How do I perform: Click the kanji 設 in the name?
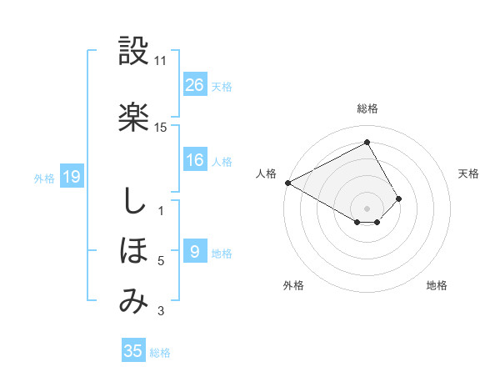click(x=133, y=53)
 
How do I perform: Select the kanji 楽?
click(x=133, y=117)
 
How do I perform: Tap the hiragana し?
click(x=133, y=201)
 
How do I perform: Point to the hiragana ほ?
click(x=133, y=250)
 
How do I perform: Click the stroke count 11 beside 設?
click(x=161, y=62)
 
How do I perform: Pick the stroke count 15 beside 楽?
click(x=161, y=128)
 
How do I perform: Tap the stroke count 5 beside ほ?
click(x=161, y=261)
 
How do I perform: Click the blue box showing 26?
click(x=195, y=84)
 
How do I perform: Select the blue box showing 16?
click(x=195, y=160)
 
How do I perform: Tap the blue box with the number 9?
click(x=195, y=252)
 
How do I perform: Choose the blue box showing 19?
click(x=71, y=176)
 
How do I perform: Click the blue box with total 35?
click(x=133, y=351)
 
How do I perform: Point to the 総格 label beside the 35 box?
click(x=160, y=353)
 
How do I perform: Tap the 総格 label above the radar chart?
click(x=367, y=108)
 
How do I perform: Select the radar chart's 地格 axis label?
click(x=437, y=285)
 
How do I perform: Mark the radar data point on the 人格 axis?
click(x=287, y=182)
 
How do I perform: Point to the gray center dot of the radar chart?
click(x=367, y=207)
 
